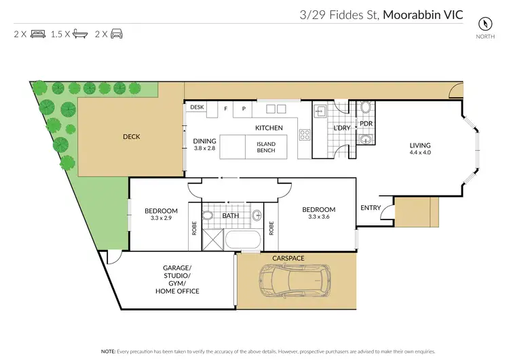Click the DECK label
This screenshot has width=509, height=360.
(x=131, y=137)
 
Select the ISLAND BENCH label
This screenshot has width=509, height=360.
(x=265, y=147)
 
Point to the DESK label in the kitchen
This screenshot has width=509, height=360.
(x=197, y=107)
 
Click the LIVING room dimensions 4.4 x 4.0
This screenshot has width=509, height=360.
(x=419, y=152)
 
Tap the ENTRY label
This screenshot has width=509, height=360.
(x=371, y=208)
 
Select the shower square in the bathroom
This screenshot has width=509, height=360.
(x=214, y=240)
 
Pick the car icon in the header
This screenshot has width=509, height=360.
(x=117, y=33)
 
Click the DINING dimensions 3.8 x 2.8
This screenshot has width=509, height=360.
(x=204, y=148)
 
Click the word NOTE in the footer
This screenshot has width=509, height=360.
(x=107, y=352)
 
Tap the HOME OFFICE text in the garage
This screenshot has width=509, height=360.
(x=176, y=291)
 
